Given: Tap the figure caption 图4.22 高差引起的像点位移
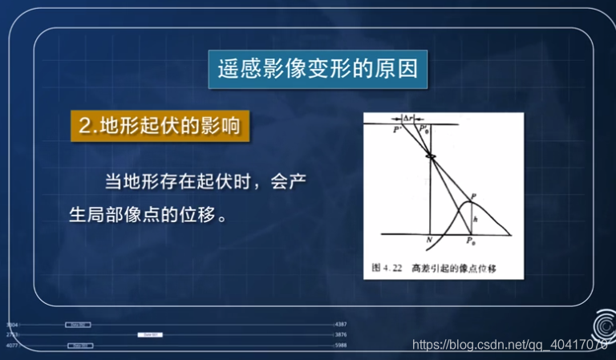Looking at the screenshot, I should (434, 267).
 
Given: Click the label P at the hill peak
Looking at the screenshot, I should (474, 196).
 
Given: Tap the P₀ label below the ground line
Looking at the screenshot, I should (471, 241).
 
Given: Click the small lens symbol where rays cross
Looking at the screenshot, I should (431, 155).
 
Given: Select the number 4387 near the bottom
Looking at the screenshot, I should (340, 324).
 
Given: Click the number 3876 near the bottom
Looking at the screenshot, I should (340, 334).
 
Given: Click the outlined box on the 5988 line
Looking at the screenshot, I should (79, 346).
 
